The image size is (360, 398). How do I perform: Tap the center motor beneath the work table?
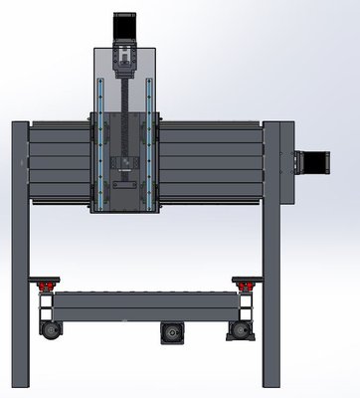tap(171, 330)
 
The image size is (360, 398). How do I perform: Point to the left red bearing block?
tap(44, 288)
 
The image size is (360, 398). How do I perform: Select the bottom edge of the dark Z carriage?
tap(125, 211)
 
